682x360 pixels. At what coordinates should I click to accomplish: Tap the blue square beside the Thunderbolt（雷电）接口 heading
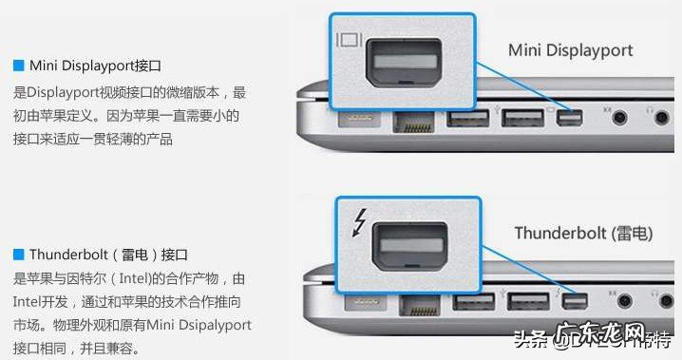pyautogui.click(x=18, y=255)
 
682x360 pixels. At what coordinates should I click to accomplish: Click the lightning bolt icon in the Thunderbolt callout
pyautogui.click(x=359, y=222)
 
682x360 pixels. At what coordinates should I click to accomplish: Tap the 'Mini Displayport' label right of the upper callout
pyautogui.click(x=570, y=49)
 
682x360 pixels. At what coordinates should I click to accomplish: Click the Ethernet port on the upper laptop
pyautogui.click(x=412, y=122)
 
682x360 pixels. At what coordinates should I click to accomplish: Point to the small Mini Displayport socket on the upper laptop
pyautogui.click(x=569, y=119)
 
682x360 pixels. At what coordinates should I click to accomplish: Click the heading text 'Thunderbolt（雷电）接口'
pyautogui.click(x=108, y=255)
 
